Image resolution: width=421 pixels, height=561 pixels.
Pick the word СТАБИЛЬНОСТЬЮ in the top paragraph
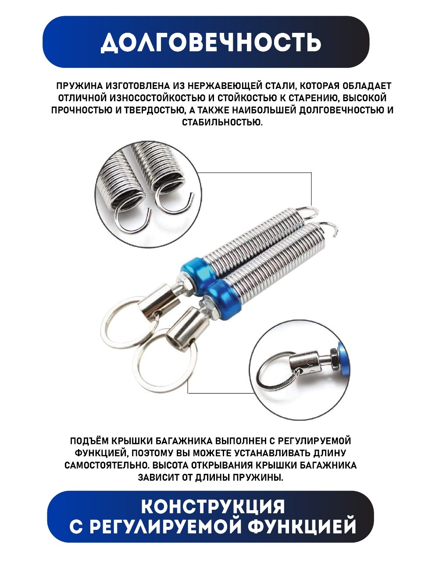click(x=222, y=122)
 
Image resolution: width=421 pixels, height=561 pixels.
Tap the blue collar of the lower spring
click(x=225, y=299)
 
